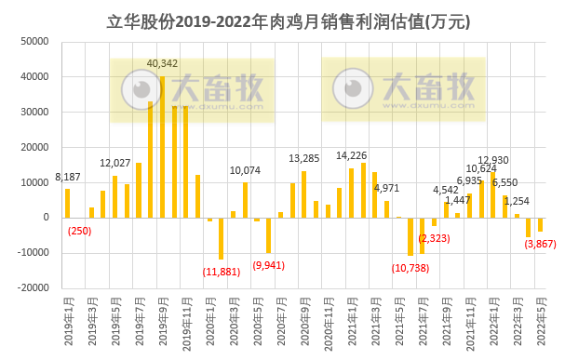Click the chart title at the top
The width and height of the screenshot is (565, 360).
[282, 20]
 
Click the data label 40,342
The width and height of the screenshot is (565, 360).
[163, 63]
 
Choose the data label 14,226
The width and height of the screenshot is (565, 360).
[351, 155]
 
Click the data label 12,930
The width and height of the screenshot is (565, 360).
[493, 160]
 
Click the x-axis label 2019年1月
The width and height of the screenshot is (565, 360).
[68, 321]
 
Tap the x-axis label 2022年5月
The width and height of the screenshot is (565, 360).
[540, 321]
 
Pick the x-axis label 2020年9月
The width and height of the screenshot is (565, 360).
[304, 321]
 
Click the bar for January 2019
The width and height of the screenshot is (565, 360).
[68, 203]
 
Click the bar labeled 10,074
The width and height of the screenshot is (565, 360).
[245, 200]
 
